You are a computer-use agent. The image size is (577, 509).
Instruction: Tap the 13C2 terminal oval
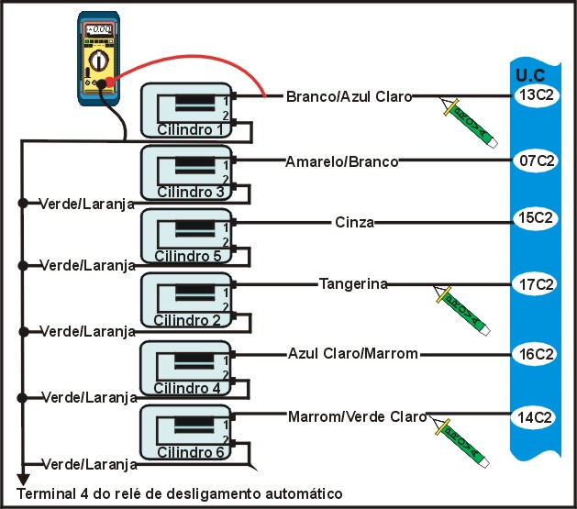pos(535,94)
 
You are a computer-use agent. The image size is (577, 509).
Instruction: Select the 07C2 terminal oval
pos(535,160)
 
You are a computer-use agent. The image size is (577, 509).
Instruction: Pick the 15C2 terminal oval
pos(535,219)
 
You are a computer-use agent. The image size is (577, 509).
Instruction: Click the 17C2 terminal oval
pos(535,284)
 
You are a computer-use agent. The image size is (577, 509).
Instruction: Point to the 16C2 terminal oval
pos(535,353)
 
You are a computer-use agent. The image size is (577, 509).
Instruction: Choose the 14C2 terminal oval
pos(535,417)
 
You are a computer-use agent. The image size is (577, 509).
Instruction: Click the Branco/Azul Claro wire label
pos(349,95)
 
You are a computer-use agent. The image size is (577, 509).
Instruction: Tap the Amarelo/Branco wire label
pos(341,161)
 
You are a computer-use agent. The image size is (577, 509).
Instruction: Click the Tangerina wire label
pos(352,284)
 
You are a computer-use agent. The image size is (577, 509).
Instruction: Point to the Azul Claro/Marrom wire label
pos(352,353)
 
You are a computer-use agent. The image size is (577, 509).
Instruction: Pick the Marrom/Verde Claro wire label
pos(357,417)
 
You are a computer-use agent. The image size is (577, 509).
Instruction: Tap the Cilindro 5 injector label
pos(188,255)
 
